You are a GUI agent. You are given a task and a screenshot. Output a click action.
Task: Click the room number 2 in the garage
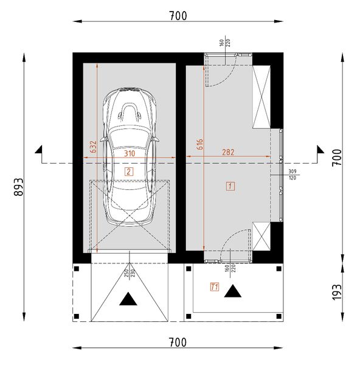[x=128, y=172]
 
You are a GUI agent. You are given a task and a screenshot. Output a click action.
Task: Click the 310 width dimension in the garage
[x=130, y=155]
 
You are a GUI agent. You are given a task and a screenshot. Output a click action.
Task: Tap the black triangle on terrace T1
[x=233, y=291]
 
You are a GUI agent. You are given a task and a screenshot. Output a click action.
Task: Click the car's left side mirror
[x=105, y=139]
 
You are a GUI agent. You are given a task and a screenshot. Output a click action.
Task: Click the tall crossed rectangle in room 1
[x=262, y=97]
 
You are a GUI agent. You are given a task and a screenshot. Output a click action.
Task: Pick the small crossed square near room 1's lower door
[x=261, y=237]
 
